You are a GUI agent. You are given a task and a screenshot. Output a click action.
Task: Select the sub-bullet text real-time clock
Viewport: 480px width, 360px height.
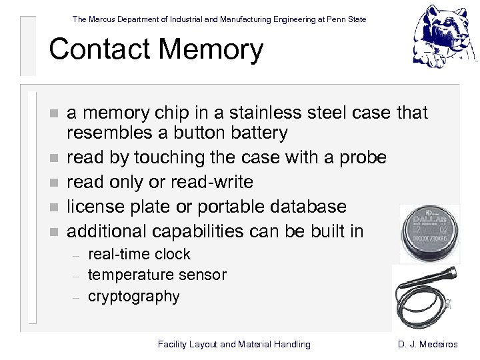click(x=139, y=254)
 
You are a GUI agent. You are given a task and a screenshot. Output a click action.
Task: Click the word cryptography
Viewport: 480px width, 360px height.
click(x=134, y=296)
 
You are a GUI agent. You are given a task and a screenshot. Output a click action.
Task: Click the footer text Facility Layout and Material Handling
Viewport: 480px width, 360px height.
click(x=234, y=345)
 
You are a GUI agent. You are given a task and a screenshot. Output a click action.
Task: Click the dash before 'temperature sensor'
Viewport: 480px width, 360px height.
click(x=77, y=276)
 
